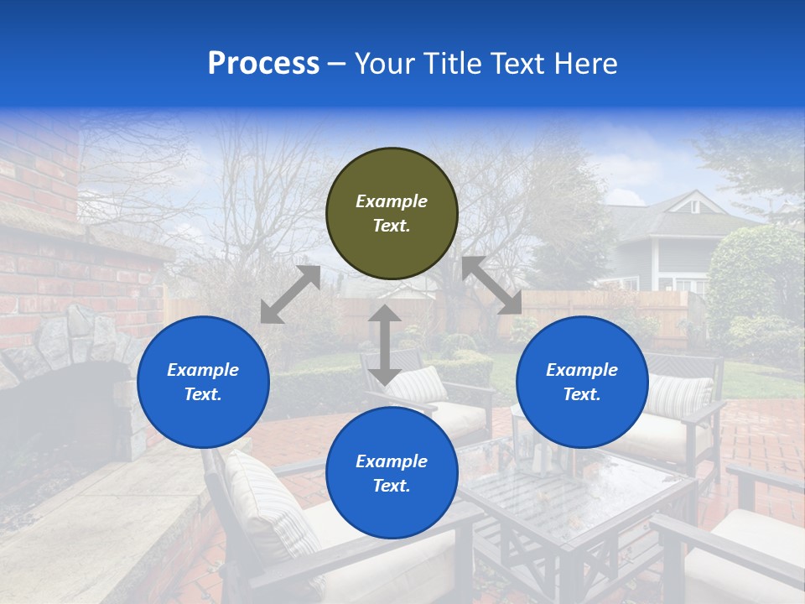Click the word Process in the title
263,64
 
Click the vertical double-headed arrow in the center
384,345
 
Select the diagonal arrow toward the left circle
290,294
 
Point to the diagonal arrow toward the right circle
491,285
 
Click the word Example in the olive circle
392,201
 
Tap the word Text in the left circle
203,394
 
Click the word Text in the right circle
582,394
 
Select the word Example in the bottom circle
392,461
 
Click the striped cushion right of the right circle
681,396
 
